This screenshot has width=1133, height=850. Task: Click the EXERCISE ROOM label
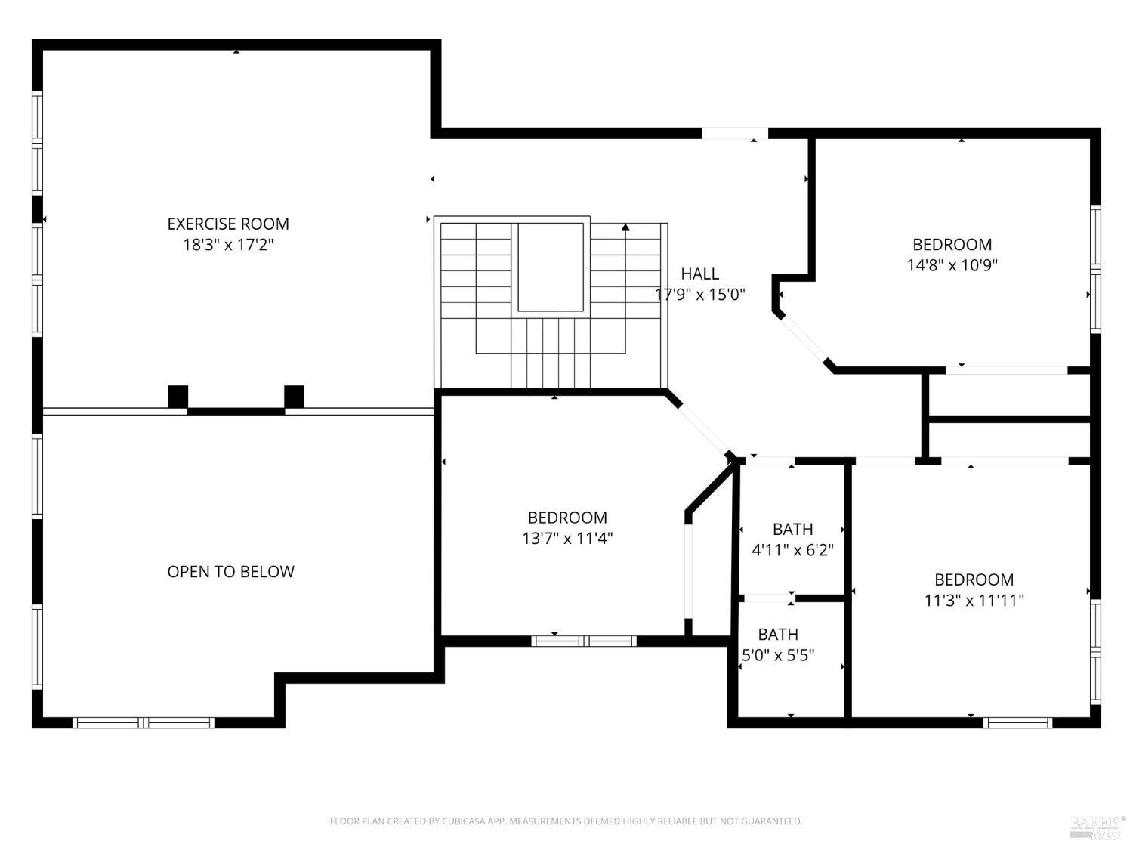click(x=227, y=224)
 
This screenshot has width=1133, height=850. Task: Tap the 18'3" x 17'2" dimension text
click(x=227, y=245)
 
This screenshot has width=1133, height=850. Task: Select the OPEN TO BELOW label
click(x=230, y=572)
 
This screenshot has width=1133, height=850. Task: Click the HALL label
click(x=699, y=274)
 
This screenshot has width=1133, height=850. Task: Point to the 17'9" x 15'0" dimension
click(x=700, y=295)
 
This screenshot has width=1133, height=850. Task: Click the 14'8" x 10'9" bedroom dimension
click(x=952, y=265)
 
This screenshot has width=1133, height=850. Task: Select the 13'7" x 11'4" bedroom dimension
click(x=566, y=539)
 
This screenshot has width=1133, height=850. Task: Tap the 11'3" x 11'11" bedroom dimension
click(x=974, y=601)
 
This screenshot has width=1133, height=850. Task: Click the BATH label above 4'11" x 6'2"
click(x=792, y=529)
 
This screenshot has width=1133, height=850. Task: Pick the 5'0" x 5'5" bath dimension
click(x=777, y=655)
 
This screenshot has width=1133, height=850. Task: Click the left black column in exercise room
click(x=178, y=397)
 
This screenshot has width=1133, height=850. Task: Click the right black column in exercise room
click(x=294, y=397)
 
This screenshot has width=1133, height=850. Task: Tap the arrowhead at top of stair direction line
click(x=625, y=227)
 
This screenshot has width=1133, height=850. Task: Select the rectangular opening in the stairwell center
click(x=550, y=267)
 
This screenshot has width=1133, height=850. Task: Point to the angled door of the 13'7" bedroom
click(x=700, y=425)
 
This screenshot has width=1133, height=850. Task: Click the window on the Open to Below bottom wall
click(x=144, y=722)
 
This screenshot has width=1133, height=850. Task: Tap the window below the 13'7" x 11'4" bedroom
click(x=584, y=641)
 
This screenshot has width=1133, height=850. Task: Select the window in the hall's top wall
click(x=734, y=134)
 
